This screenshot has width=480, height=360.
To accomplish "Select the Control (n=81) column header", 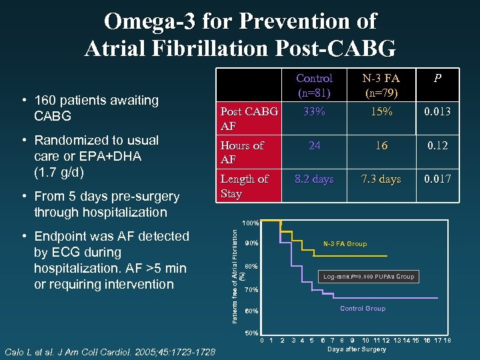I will (314, 85).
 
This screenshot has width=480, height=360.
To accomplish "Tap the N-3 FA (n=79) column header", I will (381, 85).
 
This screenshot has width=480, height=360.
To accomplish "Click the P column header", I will (437, 78).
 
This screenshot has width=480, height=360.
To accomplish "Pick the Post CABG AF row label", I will (248, 119).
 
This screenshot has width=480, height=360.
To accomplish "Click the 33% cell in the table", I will (314, 112).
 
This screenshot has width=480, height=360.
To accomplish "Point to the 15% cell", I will (381, 112).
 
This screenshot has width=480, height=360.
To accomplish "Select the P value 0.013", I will (437, 112).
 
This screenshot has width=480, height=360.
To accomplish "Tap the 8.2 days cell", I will (314, 179).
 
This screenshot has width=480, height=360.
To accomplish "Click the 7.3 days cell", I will (381, 179).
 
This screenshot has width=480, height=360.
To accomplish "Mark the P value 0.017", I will (437, 179).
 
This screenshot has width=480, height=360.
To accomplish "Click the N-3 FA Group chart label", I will (345, 244).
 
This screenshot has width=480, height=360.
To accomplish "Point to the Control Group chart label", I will (363, 309).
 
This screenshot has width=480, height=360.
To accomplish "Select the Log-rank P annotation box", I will (368, 276).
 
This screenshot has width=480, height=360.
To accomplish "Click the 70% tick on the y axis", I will (251, 291).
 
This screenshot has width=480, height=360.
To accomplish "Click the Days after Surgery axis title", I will (357, 349).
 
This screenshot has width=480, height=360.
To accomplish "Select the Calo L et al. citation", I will (109, 351).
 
